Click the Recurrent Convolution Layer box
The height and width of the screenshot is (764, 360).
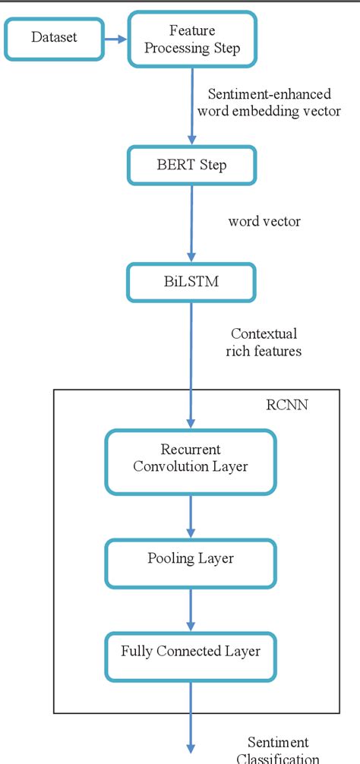click(x=190, y=458)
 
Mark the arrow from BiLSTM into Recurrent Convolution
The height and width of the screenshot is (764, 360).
click(x=190, y=365)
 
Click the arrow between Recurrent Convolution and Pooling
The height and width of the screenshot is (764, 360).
click(x=190, y=513)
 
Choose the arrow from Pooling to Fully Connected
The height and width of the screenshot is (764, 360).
click(x=190, y=609)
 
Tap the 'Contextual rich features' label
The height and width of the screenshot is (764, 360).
click(x=264, y=342)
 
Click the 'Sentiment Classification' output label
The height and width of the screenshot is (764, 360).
click(x=278, y=750)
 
